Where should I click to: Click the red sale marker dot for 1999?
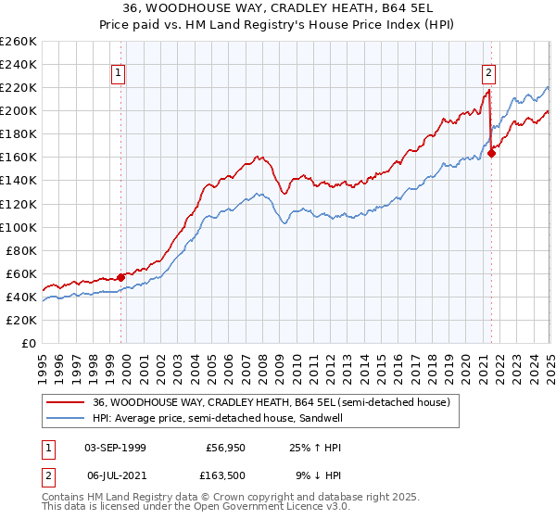tap(120, 276)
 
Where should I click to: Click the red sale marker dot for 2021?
tap(491, 153)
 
